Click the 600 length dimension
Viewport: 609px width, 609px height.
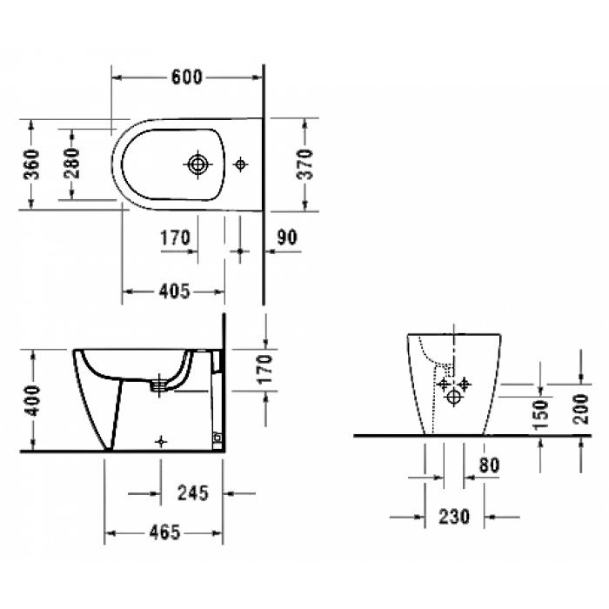(186, 77)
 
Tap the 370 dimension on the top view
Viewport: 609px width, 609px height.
(305, 163)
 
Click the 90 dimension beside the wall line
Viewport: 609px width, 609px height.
(287, 236)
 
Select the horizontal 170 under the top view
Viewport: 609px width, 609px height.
(175, 236)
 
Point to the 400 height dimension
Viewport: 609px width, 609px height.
(31, 400)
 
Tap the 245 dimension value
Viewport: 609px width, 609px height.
(192, 493)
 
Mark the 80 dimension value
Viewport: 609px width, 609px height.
(489, 466)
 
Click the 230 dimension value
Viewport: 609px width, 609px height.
(453, 517)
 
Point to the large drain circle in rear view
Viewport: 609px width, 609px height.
(453, 398)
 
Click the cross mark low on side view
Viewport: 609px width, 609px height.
(159, 441)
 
